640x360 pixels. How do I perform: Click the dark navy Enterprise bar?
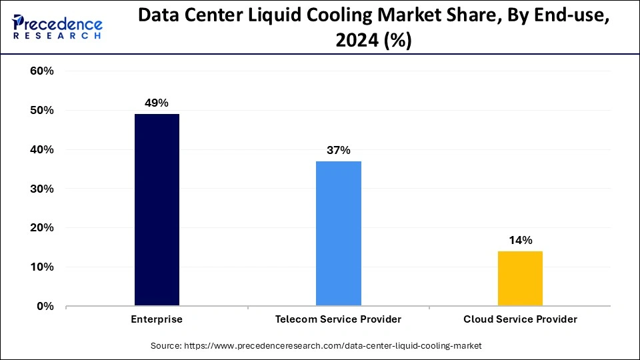[157, 210]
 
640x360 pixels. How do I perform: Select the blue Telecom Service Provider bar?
[339, 233]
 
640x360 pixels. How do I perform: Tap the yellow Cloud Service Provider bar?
[520, 279]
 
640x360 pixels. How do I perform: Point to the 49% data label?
[157, 103]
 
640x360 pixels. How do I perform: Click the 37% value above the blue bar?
[339, 150]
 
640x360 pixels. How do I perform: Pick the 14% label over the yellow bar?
[520, 240]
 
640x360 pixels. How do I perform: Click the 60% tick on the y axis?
[42, 71]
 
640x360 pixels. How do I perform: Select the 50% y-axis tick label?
[42, 111]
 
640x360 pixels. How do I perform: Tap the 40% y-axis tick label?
[42, 150]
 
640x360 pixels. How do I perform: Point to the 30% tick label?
[42, 189]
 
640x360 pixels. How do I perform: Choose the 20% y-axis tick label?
[42, 228]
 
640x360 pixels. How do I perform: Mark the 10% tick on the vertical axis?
[42, 267]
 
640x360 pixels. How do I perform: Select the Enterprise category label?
[157, 319]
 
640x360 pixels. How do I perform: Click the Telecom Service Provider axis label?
[339, 319]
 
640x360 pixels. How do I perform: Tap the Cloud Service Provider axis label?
[520, 319]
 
